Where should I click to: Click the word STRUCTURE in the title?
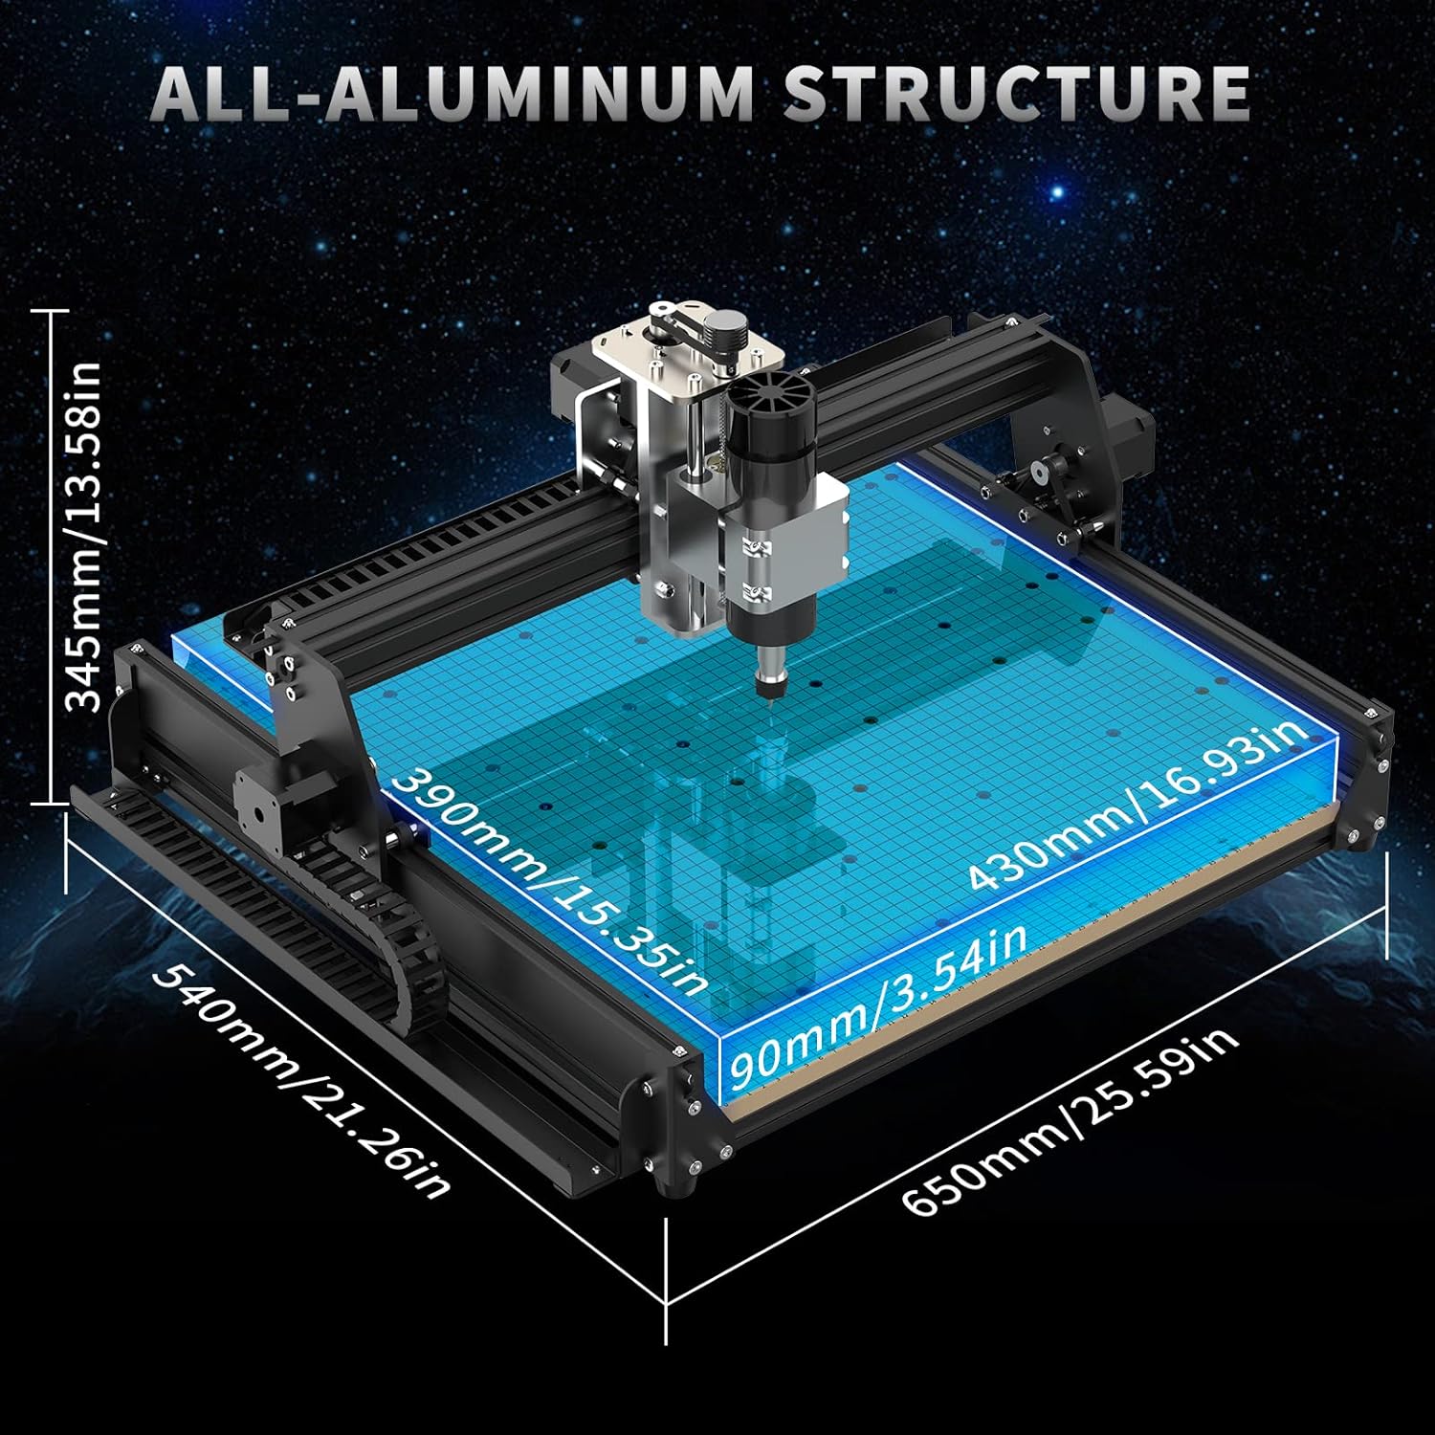point(1017,93)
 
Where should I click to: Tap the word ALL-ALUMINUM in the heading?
point(453,93)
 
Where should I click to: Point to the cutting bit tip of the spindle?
point(770,706)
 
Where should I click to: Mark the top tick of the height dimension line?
point(48,311)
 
